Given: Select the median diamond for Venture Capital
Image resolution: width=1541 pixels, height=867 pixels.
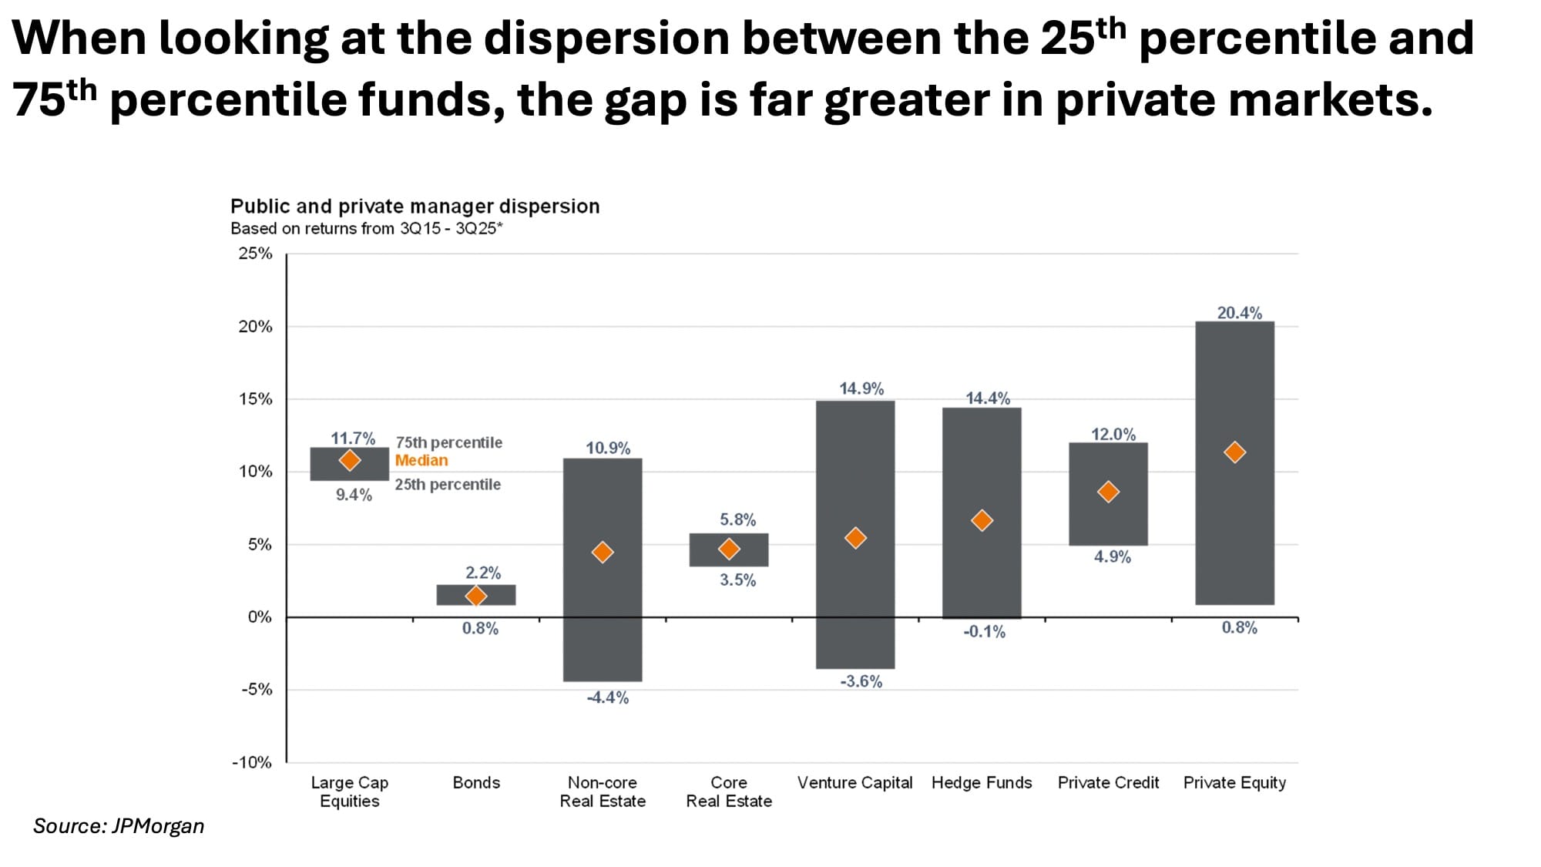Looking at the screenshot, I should click(855, 538).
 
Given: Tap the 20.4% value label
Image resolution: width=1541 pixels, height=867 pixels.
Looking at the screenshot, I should click(1239, 313).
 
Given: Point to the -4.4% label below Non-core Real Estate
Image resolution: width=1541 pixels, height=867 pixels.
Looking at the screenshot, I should click(608, 697).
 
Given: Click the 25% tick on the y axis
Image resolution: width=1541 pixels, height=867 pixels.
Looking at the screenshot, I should click(255, 254).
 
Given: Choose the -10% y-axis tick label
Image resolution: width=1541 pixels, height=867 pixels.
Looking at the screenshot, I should click(252, 762).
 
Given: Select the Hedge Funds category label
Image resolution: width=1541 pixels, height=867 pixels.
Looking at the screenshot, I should click(982, 783).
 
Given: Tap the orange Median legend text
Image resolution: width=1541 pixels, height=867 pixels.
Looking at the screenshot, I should click(421, 460).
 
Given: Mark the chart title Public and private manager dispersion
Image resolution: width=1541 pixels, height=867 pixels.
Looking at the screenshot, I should click(415, 207).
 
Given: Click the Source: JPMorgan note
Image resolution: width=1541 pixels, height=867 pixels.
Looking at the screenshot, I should click(119, 826).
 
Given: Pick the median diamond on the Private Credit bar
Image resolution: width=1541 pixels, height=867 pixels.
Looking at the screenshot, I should click(1108, 492).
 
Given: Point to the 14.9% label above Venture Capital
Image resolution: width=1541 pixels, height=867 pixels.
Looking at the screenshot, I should click(861, 388).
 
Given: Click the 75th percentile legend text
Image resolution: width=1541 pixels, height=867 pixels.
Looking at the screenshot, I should click(448, 442).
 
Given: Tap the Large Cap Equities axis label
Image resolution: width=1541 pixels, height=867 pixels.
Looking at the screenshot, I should click(350, 791).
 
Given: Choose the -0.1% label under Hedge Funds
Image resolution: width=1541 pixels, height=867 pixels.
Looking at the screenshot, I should click(985, 632).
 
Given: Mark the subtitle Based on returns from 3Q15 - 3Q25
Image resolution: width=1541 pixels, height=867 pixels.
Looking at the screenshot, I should click(366, 229).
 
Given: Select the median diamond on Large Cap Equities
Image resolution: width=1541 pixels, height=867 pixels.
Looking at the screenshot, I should click(350, 460).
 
